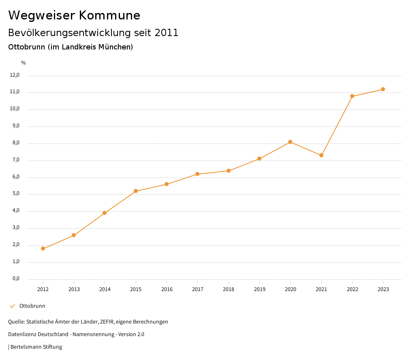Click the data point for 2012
43,249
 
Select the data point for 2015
136,191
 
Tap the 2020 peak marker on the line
290,142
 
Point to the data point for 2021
321,155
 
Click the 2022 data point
352,96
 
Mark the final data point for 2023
383,89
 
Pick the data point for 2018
229,171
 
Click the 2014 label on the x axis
105,289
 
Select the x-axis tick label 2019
259,289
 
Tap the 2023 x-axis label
383,289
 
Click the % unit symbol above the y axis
24,63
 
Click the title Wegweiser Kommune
74,15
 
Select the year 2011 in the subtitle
167,33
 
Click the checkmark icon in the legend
12,306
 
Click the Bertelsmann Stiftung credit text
36,347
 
